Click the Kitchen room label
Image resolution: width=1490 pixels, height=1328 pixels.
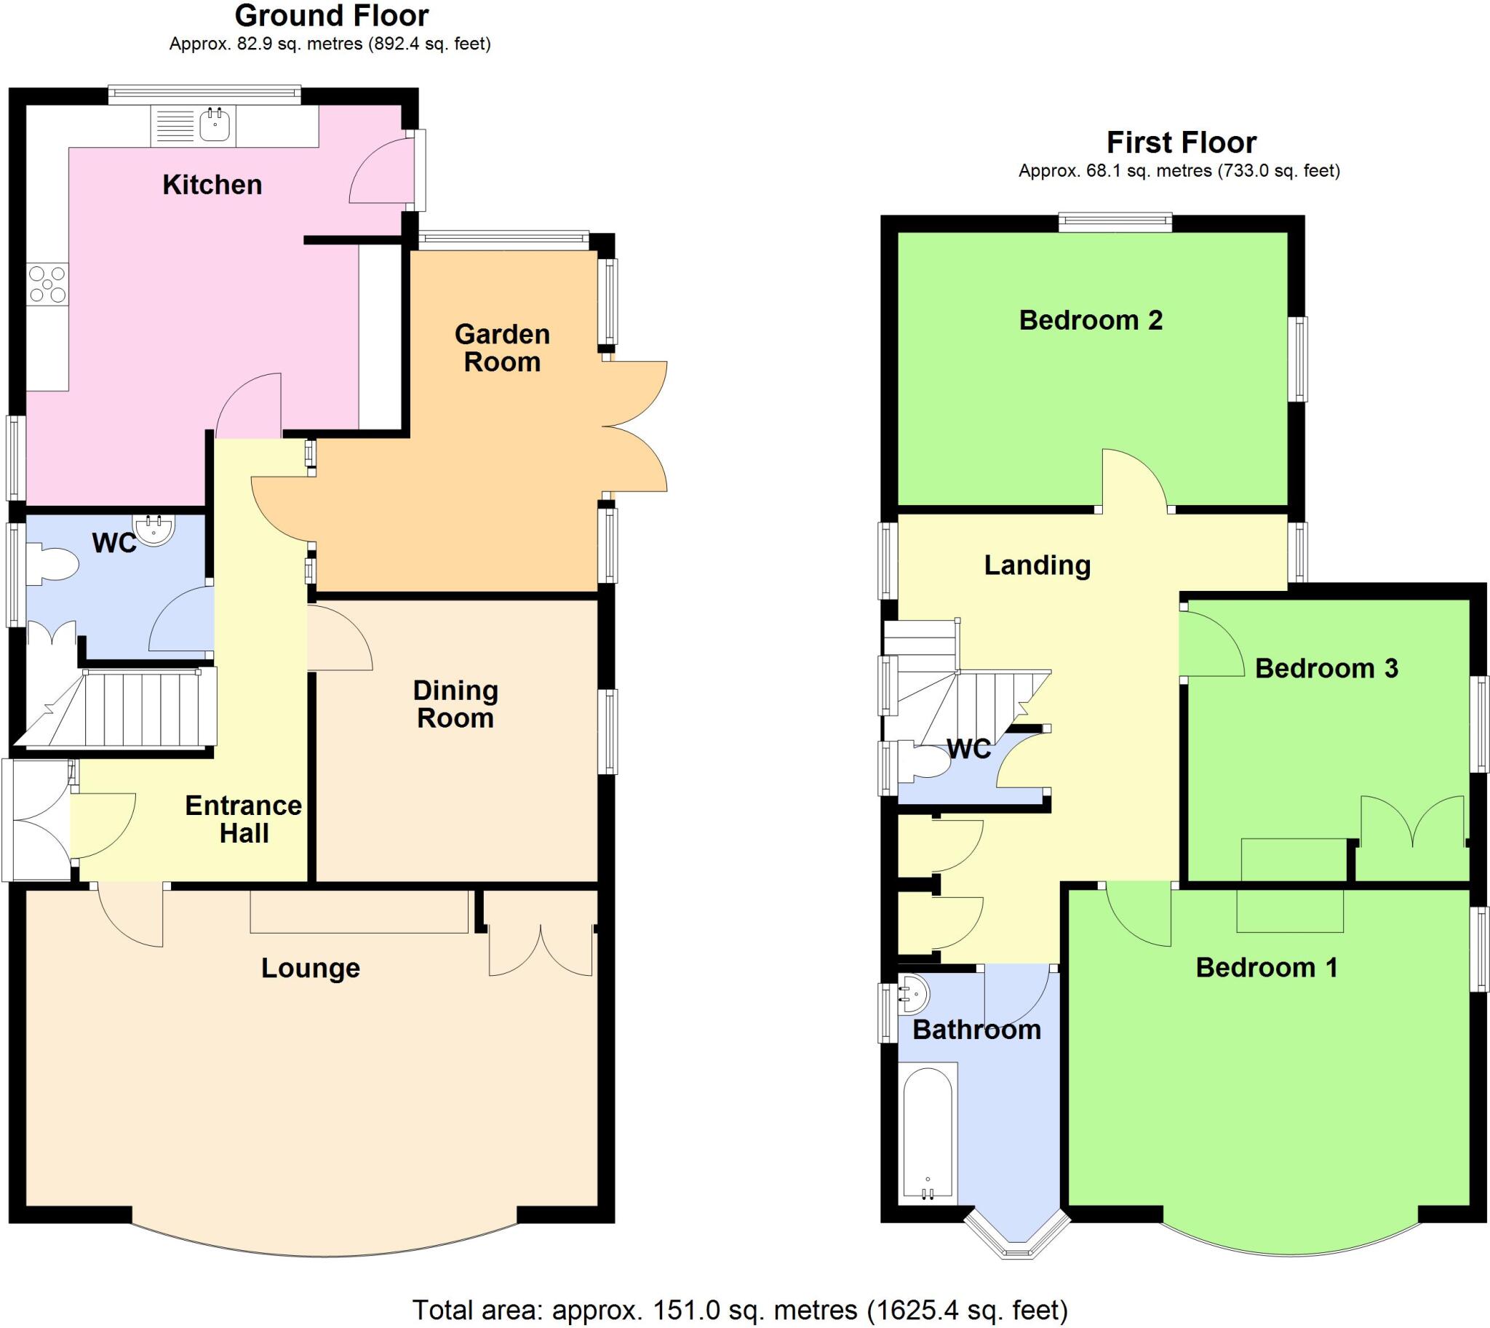click(212, 186)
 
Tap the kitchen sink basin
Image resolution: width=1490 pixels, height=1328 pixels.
click(215, 125)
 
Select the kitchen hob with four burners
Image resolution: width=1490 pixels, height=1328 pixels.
click(47, 285)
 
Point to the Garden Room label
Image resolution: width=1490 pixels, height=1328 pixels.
click(502, 348)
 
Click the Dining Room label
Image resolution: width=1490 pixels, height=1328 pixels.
click(455, 704)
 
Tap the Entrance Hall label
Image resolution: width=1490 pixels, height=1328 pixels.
click(244, 819)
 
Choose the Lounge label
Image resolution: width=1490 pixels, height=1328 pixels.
click(311, 969)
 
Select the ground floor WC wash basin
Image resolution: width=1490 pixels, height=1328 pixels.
click(154, 529)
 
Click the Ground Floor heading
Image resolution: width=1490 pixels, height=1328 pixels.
click(331, 16)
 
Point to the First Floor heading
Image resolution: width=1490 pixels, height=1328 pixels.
click(1182, 143)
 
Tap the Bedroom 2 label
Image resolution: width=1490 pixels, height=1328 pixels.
click(1091, 320)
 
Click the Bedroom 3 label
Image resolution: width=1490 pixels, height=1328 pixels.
click(1326, 669)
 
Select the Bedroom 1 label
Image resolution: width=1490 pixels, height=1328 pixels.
click(1267, 968)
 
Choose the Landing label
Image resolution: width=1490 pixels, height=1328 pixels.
click(1037, 565)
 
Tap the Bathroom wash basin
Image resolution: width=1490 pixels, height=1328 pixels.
click(915, 993)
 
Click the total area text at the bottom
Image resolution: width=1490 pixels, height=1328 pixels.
click(740, 1310)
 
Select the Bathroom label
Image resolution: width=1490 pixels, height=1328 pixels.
click(976, 1030)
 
